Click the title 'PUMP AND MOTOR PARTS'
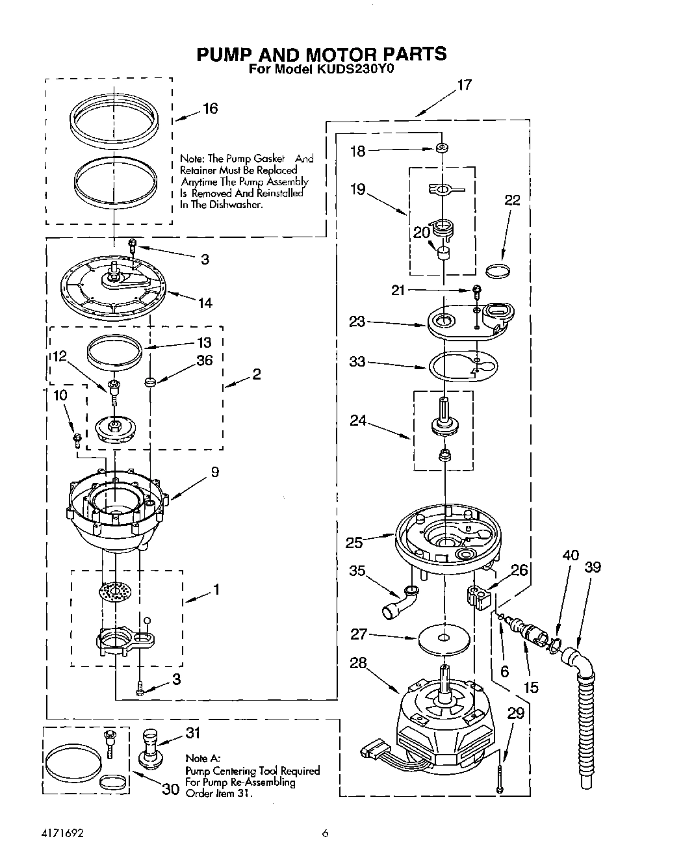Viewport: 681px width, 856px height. [x=322, y=53]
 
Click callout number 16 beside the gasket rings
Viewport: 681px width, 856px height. [x=210, y=109]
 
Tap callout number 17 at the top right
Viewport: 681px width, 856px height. [x=464, y=84]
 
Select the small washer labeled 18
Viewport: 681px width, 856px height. [x=442, y=149]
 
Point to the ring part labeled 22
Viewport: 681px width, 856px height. [x=498, y=270]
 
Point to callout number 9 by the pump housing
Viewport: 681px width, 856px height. [x=214, y=473]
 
